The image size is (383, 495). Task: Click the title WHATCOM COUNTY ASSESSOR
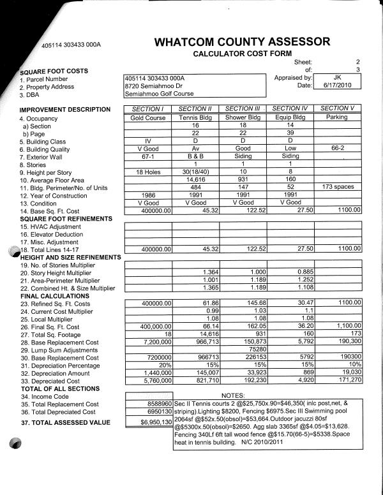(242, 42)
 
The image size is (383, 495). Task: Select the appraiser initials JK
(338, 77)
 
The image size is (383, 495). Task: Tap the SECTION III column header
(243, 109)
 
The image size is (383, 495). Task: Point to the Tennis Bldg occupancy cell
(196, 117)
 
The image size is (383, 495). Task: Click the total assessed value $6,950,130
(156, 422)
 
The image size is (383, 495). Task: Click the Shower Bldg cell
(243, 117)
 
